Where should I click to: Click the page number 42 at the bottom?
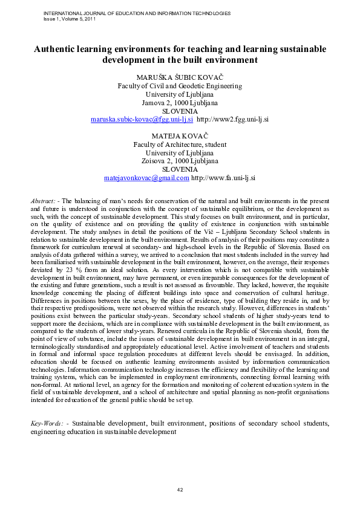click(180, 489)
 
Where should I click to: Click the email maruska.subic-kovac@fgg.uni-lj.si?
click(142, 120)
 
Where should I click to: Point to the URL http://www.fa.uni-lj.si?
click(223, 179)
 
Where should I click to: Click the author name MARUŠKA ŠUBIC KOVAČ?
click(180, 77)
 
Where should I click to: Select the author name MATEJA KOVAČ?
click(180, 137)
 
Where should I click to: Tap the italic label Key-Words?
click(46, 423)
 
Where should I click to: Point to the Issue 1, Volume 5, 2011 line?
click(70, 19)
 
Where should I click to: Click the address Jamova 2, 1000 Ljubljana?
click(180, 103)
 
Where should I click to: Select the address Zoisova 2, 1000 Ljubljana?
click(180, 161)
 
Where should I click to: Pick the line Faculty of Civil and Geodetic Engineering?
click(180, 86)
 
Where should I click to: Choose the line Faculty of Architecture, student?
click(180, 145)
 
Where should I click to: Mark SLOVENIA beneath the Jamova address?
click(180, 111)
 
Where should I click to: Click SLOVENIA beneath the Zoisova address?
click(180, 170)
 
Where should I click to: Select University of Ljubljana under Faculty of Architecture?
click(180, 154)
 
